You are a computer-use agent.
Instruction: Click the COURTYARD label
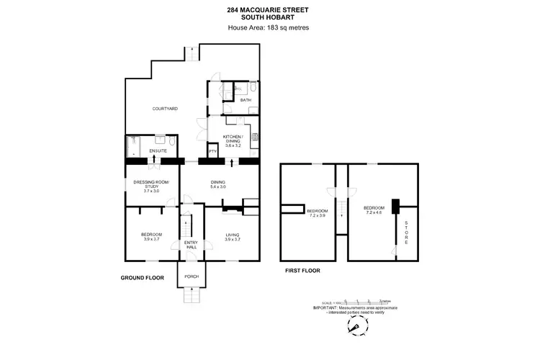click(x=165, y=109)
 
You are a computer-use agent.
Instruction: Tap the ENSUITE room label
click(x=158, y=150)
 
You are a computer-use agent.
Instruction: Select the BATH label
click(x=235, y=100)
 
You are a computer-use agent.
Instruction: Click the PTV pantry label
click(x=213, y=151)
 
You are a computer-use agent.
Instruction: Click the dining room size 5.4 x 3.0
click(x=219, y=186)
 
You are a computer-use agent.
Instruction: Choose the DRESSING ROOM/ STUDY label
click(x=151, y=186)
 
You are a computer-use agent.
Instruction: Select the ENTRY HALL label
click(x=191, y=244)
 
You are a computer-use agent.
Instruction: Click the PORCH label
click(x=192, y=276)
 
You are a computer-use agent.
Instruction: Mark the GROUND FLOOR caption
click(x=143, y=277)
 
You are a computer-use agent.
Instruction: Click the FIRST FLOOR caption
click(x=301, y=271)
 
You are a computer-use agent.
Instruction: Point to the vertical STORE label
click(x=406, y=233)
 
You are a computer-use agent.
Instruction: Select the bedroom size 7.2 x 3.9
click(x=317, y=215)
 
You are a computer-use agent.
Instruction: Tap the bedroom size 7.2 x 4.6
click(x=374, y=210)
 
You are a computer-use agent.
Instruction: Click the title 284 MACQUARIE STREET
click(x=270, y=10)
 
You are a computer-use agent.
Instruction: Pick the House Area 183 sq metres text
click(x=270, y=27)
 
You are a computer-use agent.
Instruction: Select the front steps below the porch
click(x=192, y=295)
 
